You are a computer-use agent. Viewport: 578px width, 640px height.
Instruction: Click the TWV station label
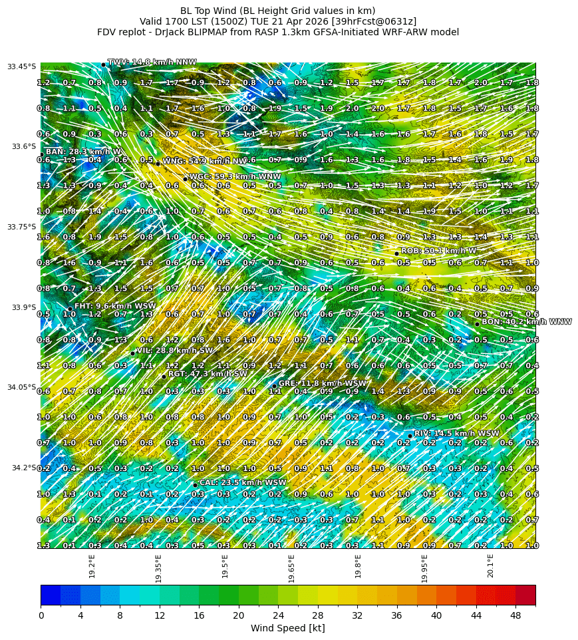pyautogui.click(x=152, y=62)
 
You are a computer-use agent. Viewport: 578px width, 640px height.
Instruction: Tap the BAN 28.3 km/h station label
pyautogui.click(x=83, y=152)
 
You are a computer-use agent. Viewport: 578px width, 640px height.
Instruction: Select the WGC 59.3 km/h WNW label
pyautogui.click(x=235, y=176)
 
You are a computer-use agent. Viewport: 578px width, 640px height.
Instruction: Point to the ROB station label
pyautogui.click(x=438, y=250)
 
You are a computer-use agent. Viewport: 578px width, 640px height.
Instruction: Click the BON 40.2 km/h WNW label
pyautogui.click(x=526, y=321)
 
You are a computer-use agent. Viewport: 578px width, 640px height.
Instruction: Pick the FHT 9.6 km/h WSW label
pyautogui.click(x=115, y=306)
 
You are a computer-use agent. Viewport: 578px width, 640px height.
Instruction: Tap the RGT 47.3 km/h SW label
pyautogui.click(x=208, y=374)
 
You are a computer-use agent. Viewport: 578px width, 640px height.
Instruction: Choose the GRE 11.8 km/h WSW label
pyautogui.click(x=322, y=383)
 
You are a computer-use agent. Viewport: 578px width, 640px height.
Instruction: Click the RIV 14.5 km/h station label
pyautogui.click(x=456, y=433)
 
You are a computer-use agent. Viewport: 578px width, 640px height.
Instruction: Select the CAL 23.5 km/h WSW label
pyautogui.click(x=243, y=482)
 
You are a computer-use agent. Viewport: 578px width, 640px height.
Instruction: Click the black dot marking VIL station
pyautogui.click(x=132, y=353)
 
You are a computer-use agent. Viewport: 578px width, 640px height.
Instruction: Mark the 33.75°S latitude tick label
pyautogui.click(x=22, y=227)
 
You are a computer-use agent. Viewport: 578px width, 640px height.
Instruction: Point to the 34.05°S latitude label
pyautogui.click(x=22, y=387)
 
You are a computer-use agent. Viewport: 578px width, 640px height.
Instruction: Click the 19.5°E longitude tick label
pyautogui.click(x=225, y=566)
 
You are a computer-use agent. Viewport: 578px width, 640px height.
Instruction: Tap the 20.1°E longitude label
pyautogui.click(x=490, y=566)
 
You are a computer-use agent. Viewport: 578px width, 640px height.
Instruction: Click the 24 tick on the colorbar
pyautogui.click(x=278, y=615)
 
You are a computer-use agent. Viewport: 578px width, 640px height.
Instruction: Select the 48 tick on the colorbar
pyautogui.click(x=515, y=615)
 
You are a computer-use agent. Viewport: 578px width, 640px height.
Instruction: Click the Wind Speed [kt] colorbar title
pyautogui.click(x=287, y=628)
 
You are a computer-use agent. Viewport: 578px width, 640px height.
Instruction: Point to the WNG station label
pyautogui.click(x=206, y=161)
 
